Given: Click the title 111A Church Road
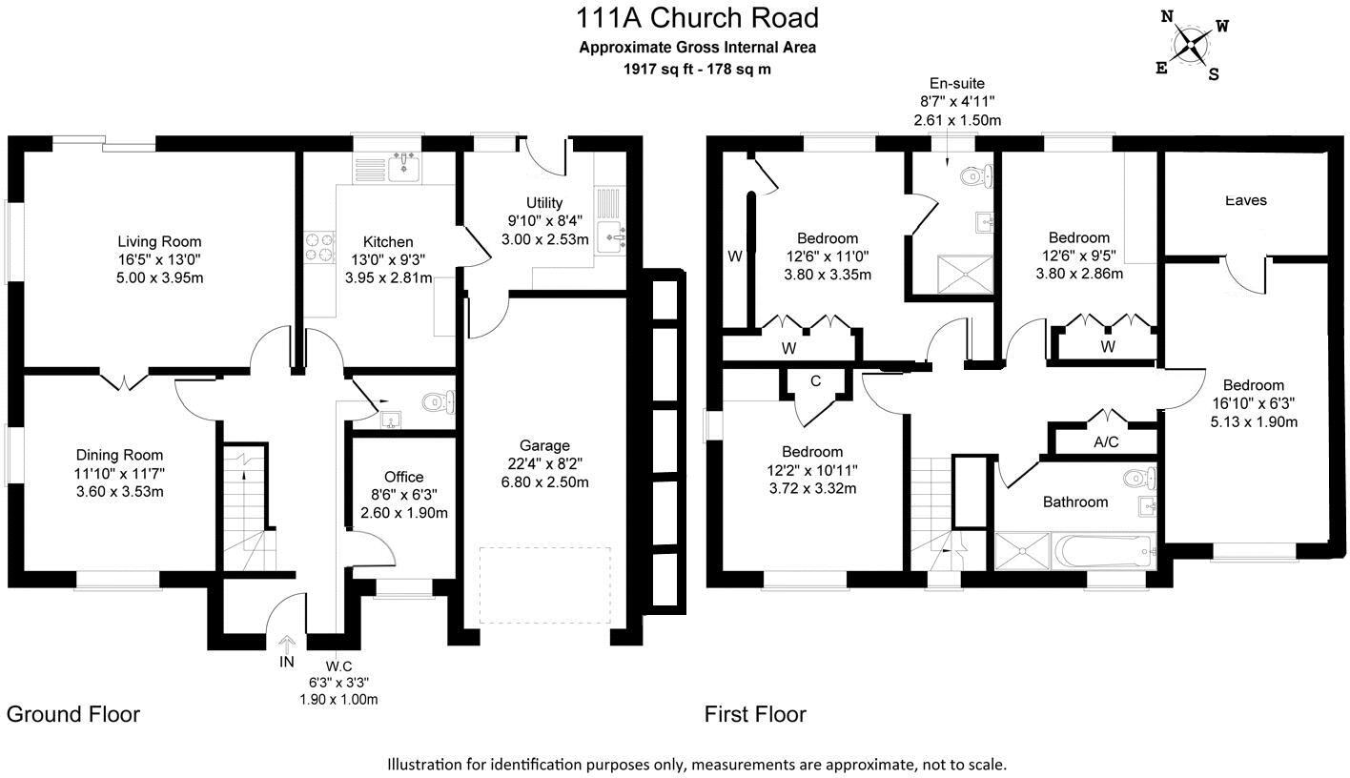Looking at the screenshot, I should [697, 18].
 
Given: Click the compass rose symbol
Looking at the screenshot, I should [1191, 43].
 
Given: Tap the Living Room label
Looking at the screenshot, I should [159, 241].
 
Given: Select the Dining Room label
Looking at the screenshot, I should [119, 455].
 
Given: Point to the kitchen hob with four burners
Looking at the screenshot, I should [318, 248].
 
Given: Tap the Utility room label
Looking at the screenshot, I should [544, 202].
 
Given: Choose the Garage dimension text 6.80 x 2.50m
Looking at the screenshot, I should [544, 481].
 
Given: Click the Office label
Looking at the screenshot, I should [403, 477].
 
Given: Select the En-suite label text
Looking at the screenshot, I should [956, 83].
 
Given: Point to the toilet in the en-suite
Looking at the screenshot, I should [975, 175].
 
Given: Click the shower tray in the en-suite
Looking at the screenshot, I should [954, 274].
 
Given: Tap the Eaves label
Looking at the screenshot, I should [1245, 200].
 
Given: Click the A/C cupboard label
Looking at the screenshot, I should [1106, 441].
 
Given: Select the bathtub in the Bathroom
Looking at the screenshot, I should [1104, 551].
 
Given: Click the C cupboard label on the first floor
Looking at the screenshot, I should [815, 381].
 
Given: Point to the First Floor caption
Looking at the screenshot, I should [755, 714].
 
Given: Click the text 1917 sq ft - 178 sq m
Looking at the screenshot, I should [697, 69].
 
